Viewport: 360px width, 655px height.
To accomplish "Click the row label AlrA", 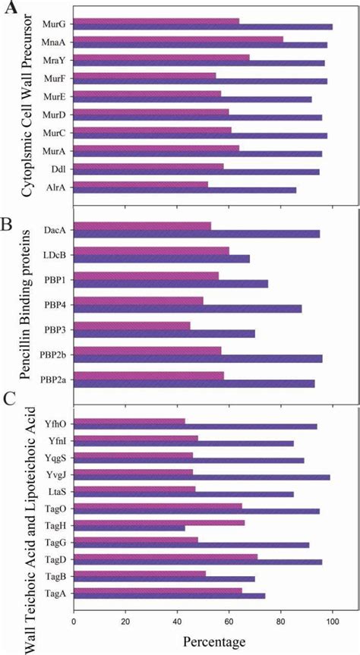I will (x=53, y=185).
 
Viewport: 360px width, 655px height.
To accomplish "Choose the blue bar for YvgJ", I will (x=201, y=477).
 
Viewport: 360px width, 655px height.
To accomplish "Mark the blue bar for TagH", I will (x=128, y=528).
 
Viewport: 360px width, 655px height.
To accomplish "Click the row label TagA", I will (x=53, y=594).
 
